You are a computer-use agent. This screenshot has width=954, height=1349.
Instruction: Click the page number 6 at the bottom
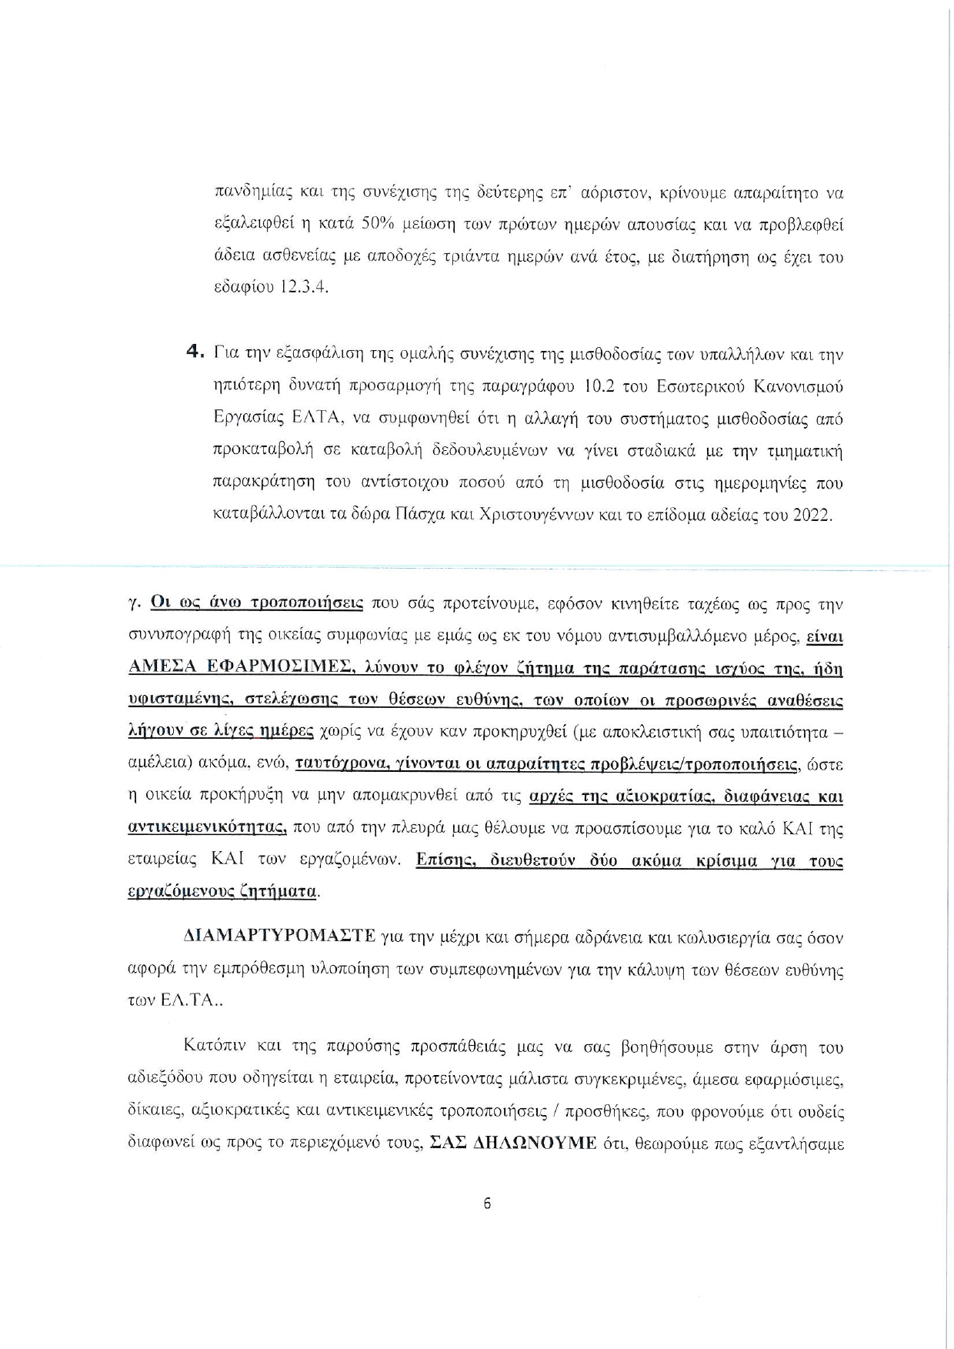[x=487, y=1204]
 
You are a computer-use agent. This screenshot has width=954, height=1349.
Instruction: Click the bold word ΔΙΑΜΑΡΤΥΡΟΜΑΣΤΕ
[x=279, y=937]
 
